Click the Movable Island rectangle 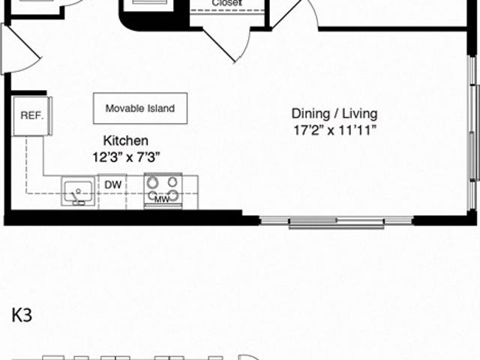[x=140, y=108]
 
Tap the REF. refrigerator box [x=31, y=115]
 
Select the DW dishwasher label [x=113, y=185]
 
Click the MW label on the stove [x=162, y=199]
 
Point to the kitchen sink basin [x=78, y=191]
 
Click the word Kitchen [x=126, y=140]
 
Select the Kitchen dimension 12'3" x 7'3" [x=126, y=157]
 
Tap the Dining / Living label [x=334, y=113]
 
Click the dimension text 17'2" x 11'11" [x=334, y=130]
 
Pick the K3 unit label [x=22, y=315]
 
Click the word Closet [x=226, y=3]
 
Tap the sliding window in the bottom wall [x=337, y=222]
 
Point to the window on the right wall [x=473, y=133]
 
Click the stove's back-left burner [x=152, y=183]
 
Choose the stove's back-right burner [x=172, y=182]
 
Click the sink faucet [x=76, y=197]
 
